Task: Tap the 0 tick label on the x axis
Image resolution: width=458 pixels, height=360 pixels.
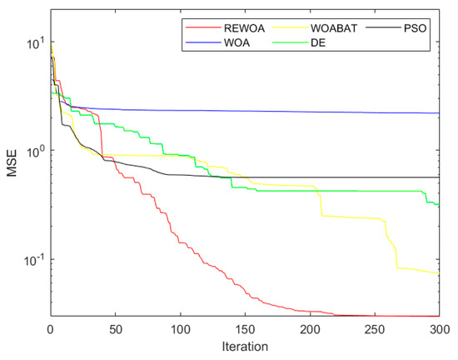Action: (51, 328)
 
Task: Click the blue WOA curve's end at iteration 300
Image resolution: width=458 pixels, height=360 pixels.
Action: (439, 113)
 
